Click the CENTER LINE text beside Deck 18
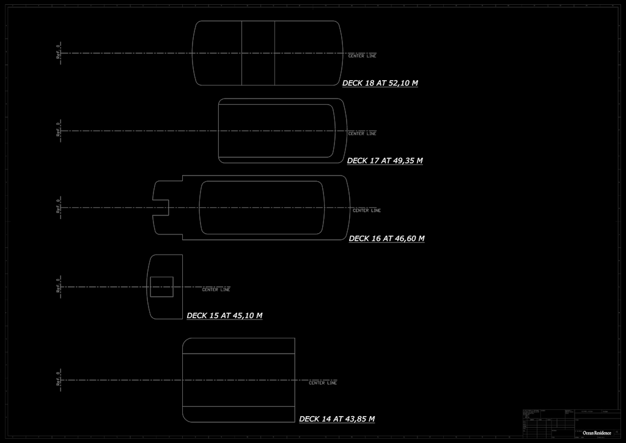(362, 56)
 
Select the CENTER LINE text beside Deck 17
(362, 133)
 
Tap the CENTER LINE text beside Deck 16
(366, 210)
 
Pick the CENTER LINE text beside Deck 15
(216, 289)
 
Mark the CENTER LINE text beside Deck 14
(322, 383)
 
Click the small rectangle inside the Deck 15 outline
(161, 287)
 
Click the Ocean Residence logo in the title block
(597, 433)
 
